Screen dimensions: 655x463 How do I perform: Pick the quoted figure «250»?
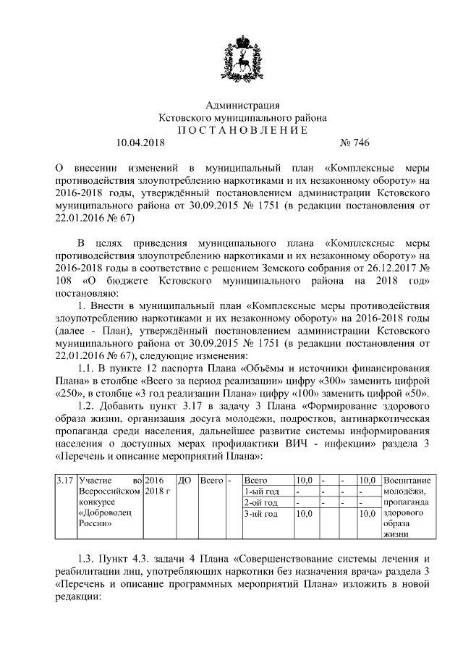coord(68,393)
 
